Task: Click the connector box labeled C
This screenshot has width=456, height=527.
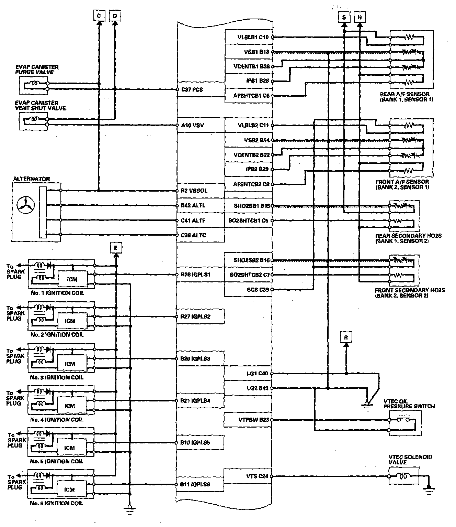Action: pyautogui.click(x=99, y=16)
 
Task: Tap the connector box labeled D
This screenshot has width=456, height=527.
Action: pyautogui.click(x=115, y=16)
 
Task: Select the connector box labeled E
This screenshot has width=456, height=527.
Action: pyautogui.click(x=116, y=247)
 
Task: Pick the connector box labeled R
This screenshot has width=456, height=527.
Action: pyautogui.click(x=346, y=337)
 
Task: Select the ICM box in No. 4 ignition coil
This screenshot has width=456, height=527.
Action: pyautogui.click(x=70, y=406)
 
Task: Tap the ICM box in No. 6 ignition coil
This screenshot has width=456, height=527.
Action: pyautogui.click(x=69, y=490)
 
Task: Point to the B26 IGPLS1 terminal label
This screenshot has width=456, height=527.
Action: pyautogui.click(x=195, y=275)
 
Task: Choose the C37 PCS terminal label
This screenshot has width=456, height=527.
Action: pyautogui.click(x=192, y=90)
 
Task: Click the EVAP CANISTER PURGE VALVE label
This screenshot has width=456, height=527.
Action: pyautogui.click(x=37, y=69)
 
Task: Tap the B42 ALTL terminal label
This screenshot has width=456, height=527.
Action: pyautogui.click(x=193, y=205)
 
